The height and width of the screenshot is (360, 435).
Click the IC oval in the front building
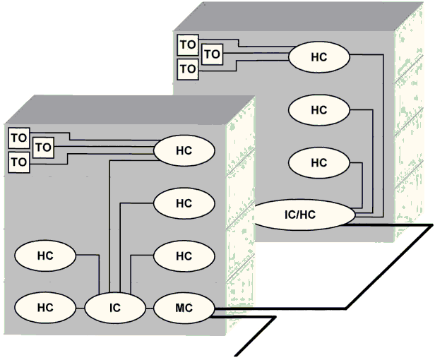click(x=114, y=307)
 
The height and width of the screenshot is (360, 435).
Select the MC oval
click(x=183, y=307)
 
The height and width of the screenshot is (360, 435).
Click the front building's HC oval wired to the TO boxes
click(x=183, y=150)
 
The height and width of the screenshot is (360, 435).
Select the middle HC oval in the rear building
click(x=319, y=109)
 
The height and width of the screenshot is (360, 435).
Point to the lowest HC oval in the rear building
click(x=319, y=162)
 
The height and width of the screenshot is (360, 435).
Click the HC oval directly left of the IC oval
click(x=44, y=307)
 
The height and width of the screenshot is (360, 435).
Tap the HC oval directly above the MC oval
click(x=183, y=256)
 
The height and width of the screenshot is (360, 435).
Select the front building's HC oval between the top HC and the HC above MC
click(x=183, y=203)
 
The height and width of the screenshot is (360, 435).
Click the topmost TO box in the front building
click(x=19, y=136)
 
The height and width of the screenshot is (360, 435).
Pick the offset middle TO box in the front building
click(x=43, y=148)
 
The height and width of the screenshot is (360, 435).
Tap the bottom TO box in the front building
click(x=19, y=162)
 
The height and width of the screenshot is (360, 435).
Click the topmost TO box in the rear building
click(x=186, y=44)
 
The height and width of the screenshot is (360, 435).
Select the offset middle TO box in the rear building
click(x=212, y=54)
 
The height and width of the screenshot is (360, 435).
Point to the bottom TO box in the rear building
click(x=186, y=69)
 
